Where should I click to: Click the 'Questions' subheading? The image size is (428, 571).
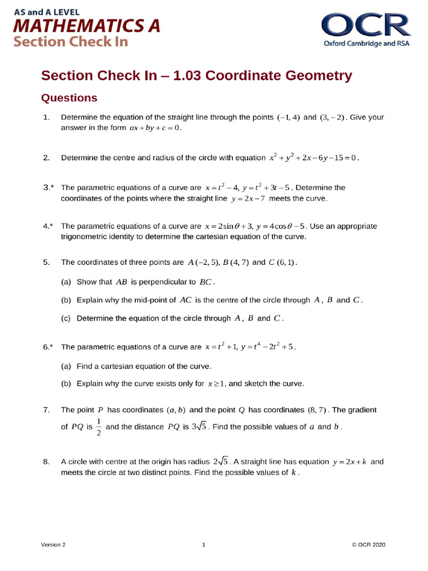(70, 98)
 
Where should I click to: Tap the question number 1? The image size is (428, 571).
(46, 118)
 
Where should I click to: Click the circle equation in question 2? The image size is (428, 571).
(314, 158)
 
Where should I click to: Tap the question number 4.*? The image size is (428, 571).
(48, 226)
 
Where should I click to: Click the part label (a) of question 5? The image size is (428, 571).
(66, 282)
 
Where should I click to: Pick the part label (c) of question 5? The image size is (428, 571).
(66, 318)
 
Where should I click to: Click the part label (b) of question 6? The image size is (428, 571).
(66, 384)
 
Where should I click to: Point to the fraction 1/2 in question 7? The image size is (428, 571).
(99, 427)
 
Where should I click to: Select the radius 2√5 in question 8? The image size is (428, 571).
(221, 462)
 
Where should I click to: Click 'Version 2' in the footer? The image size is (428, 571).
(53, 545)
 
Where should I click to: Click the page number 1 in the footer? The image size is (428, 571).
(204, 545)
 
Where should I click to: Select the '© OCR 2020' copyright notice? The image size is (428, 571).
(368, 545)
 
